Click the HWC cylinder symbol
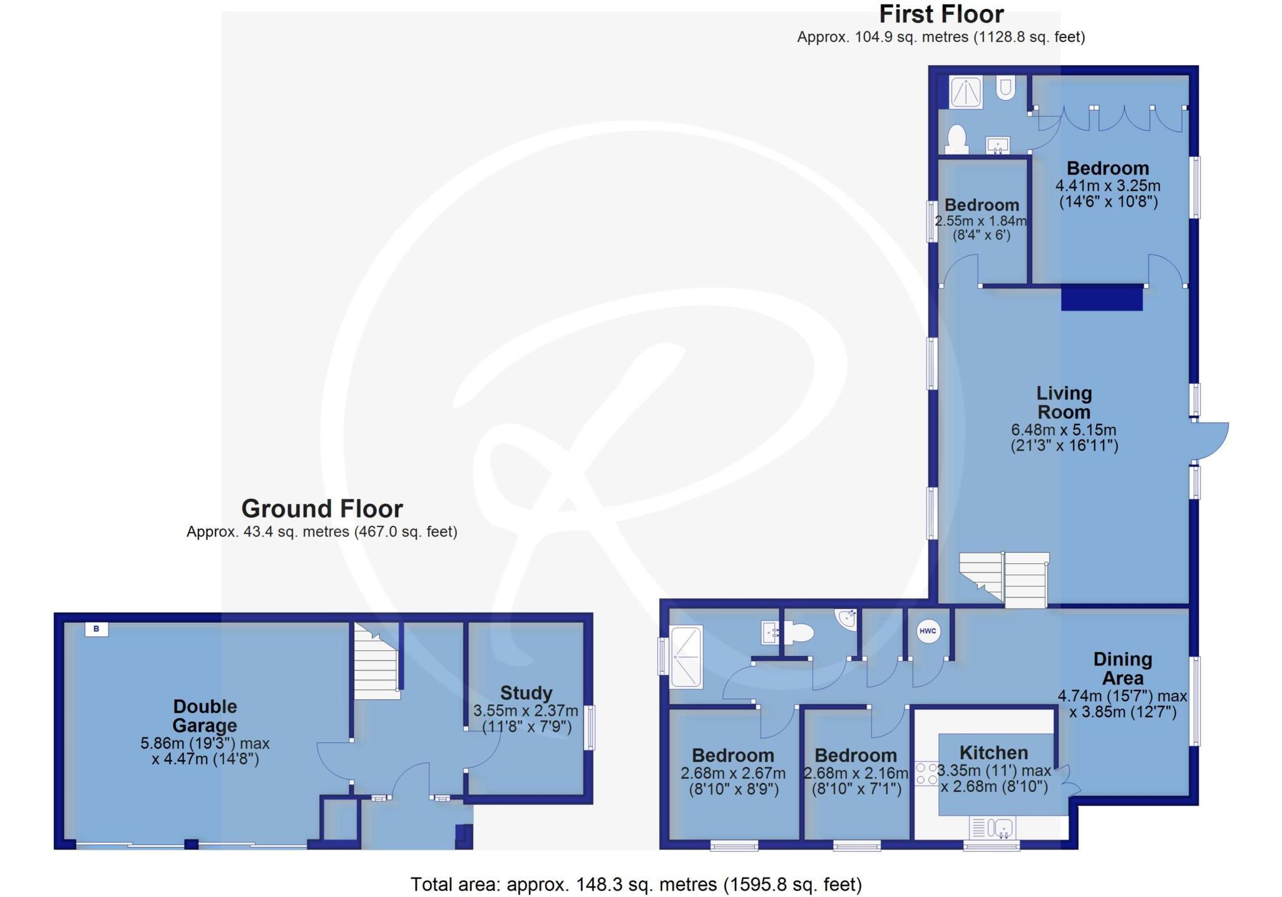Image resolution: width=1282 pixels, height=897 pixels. (x=928, y=631)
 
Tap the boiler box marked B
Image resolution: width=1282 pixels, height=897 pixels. (x=96, y=629)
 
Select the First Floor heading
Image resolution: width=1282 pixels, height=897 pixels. (x=941, y=14)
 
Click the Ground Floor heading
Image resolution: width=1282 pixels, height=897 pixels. (x=322, y=508)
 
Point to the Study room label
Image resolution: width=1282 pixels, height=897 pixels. (x=526, y=693)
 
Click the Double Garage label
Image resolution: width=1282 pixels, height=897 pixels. (x=205, y=715)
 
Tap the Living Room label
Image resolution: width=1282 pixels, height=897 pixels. (x=1064, y=402)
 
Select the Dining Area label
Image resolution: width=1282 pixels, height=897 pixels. (x=1122, y=669)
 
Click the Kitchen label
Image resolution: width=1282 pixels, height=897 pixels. (x=993, y=752)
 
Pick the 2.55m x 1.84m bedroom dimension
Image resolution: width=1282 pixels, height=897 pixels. (x=980, y=221)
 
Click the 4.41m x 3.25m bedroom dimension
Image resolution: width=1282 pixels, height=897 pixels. (x=1107, y=186)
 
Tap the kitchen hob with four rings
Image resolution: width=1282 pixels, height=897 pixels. (x=926, y=773)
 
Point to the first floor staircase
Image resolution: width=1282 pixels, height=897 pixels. (x=1005, y=579)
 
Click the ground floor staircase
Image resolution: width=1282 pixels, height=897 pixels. (x=376, y=662)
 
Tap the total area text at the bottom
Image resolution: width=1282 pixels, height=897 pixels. (x=636, y=884)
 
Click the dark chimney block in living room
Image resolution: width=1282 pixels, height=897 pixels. (x=1102, y=298)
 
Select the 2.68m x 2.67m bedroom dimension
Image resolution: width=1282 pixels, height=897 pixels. (x=733, y=773)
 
